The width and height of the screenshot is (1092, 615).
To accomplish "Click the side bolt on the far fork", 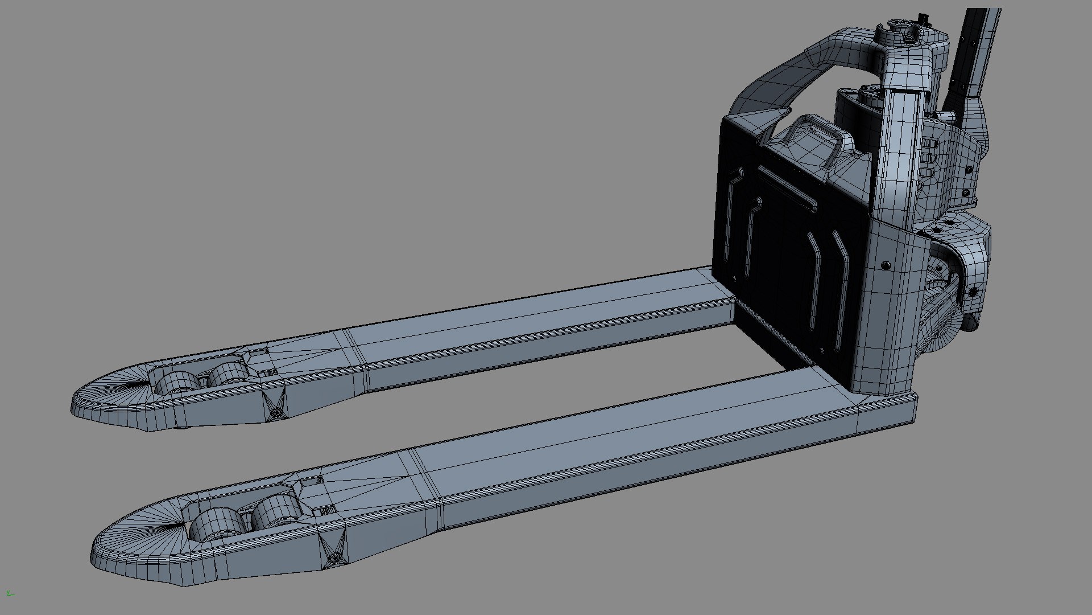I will (276, 411).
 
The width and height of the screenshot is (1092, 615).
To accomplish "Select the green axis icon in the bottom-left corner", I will (9, 594).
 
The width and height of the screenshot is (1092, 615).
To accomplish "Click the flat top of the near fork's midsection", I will (626, 438).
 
